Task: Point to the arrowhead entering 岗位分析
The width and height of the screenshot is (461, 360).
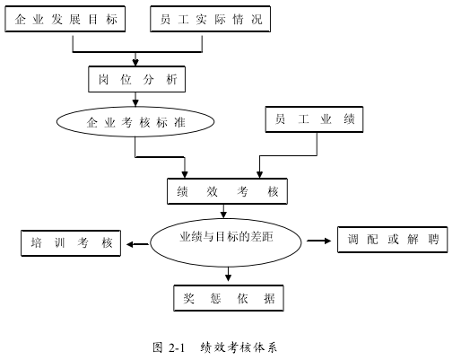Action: (135, 63)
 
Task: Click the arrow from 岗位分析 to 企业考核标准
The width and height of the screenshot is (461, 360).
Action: (135, 99)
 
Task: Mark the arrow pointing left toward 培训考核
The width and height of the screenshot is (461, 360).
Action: (138, 244)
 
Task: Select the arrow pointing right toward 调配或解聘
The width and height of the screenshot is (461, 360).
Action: (319, 241)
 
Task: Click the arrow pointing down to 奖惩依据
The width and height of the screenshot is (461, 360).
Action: (228, 274)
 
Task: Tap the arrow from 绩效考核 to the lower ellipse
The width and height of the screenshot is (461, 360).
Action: (223, 211)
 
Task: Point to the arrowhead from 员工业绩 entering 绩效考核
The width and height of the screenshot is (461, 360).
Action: (259, 175)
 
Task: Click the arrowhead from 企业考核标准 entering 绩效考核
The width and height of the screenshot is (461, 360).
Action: (185, 175)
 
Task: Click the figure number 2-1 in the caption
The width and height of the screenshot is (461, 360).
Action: (177, 348)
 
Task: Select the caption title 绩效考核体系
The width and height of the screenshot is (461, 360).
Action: (239, 347)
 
